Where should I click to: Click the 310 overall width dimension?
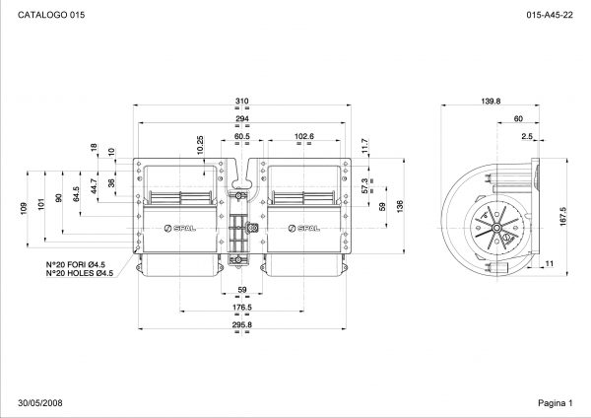(x=242, y=101)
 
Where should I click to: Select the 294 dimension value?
(x=242, y=118)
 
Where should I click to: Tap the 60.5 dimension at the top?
(x=242, y=136)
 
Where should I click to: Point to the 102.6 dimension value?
(x=303, y=136)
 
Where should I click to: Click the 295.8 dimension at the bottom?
(x=242, y=324)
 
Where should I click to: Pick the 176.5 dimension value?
(x=242, y=307)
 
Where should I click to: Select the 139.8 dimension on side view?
(x=491, y=101)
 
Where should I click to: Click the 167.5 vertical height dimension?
(x=563, y=216)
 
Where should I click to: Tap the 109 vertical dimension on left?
(x=24, y=209)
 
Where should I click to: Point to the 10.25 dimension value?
(x=200, y=145)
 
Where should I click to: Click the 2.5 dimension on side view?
(x=527, y=136)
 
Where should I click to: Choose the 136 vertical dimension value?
(x=400, y=206)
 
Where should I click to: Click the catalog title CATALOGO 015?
(x=51, y=15)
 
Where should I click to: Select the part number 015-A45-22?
(x=550, y=15)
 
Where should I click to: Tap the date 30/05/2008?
(x=40, y=403)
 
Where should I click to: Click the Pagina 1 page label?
(x=556, y=403)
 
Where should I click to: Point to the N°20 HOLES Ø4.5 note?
(x=80, y=273)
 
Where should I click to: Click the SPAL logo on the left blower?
(x=180, y=229)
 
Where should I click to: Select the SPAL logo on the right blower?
(x=303, y=229)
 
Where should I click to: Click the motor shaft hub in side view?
(x=496, y=228)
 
